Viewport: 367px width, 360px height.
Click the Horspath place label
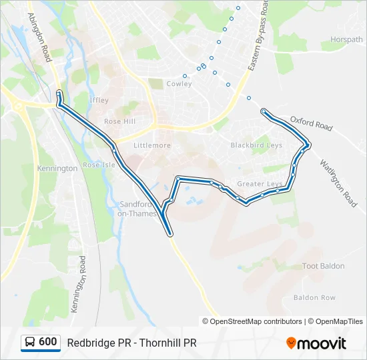[x=346, y=39]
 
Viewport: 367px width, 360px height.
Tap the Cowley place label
[x=179, y=84]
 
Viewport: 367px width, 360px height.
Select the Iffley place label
[x=99, y=100]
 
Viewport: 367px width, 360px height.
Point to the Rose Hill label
[x=119, y=121]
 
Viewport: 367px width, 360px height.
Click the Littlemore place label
[x=152, y=145]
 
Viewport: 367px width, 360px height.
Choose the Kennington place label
[x=58, y=169]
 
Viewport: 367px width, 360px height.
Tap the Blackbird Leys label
[x=256, y=145]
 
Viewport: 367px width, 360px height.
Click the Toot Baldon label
[x=324, y=266]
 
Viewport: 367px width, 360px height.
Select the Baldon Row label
[x=314, y=297]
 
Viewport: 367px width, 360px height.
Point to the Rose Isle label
[x=99, y=165]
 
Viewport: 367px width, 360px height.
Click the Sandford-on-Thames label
[x=137, y=209]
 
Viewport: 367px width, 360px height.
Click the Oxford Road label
[x=311, y=123]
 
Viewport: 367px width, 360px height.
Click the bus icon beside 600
[x=30, y=342]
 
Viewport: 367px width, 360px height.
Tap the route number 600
[x=47, y=342]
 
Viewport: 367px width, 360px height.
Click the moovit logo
[x=316, y=343]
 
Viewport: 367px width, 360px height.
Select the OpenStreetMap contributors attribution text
[x=256, y=321]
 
